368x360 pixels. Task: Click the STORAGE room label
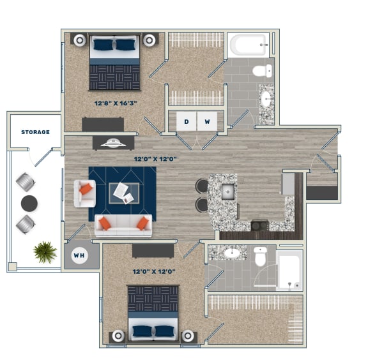tap(35, 132)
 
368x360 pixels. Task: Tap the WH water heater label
tap(79, 256)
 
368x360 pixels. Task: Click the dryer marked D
tap(187, 121)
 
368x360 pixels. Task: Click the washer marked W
tap(206, 121)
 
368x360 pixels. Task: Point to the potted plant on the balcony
tap(45, 251)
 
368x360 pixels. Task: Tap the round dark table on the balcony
tap(29, 203)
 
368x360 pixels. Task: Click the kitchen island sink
tap(227, 191)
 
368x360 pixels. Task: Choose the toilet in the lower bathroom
tap(260, 256)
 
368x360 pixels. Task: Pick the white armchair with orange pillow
tap(84, 193)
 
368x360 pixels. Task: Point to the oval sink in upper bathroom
tap(265, 98)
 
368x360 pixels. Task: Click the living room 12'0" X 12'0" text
tap(155, 159)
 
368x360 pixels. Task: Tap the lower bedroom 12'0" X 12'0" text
tap(153, 271)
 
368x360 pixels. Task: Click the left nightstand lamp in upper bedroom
tap(79, 40)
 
